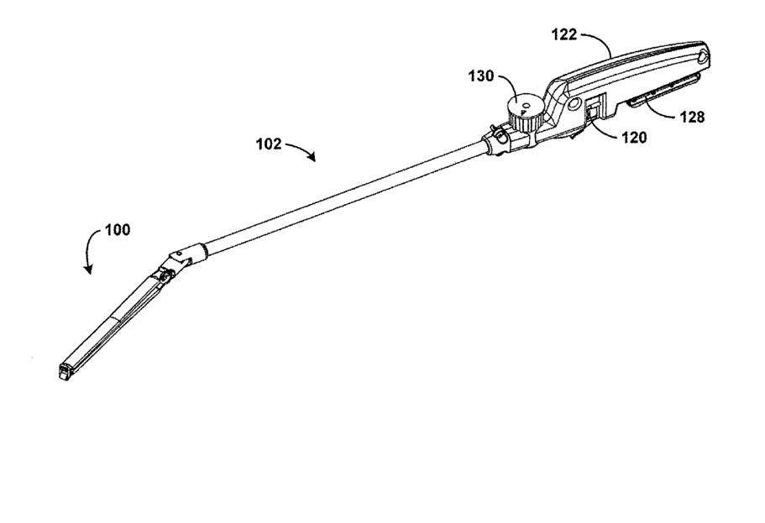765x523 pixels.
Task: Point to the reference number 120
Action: coord(635,138)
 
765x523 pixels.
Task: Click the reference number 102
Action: coord(270,143)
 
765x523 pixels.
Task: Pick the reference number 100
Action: coord(118,229)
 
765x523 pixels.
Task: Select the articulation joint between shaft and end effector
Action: coord(178,259)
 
